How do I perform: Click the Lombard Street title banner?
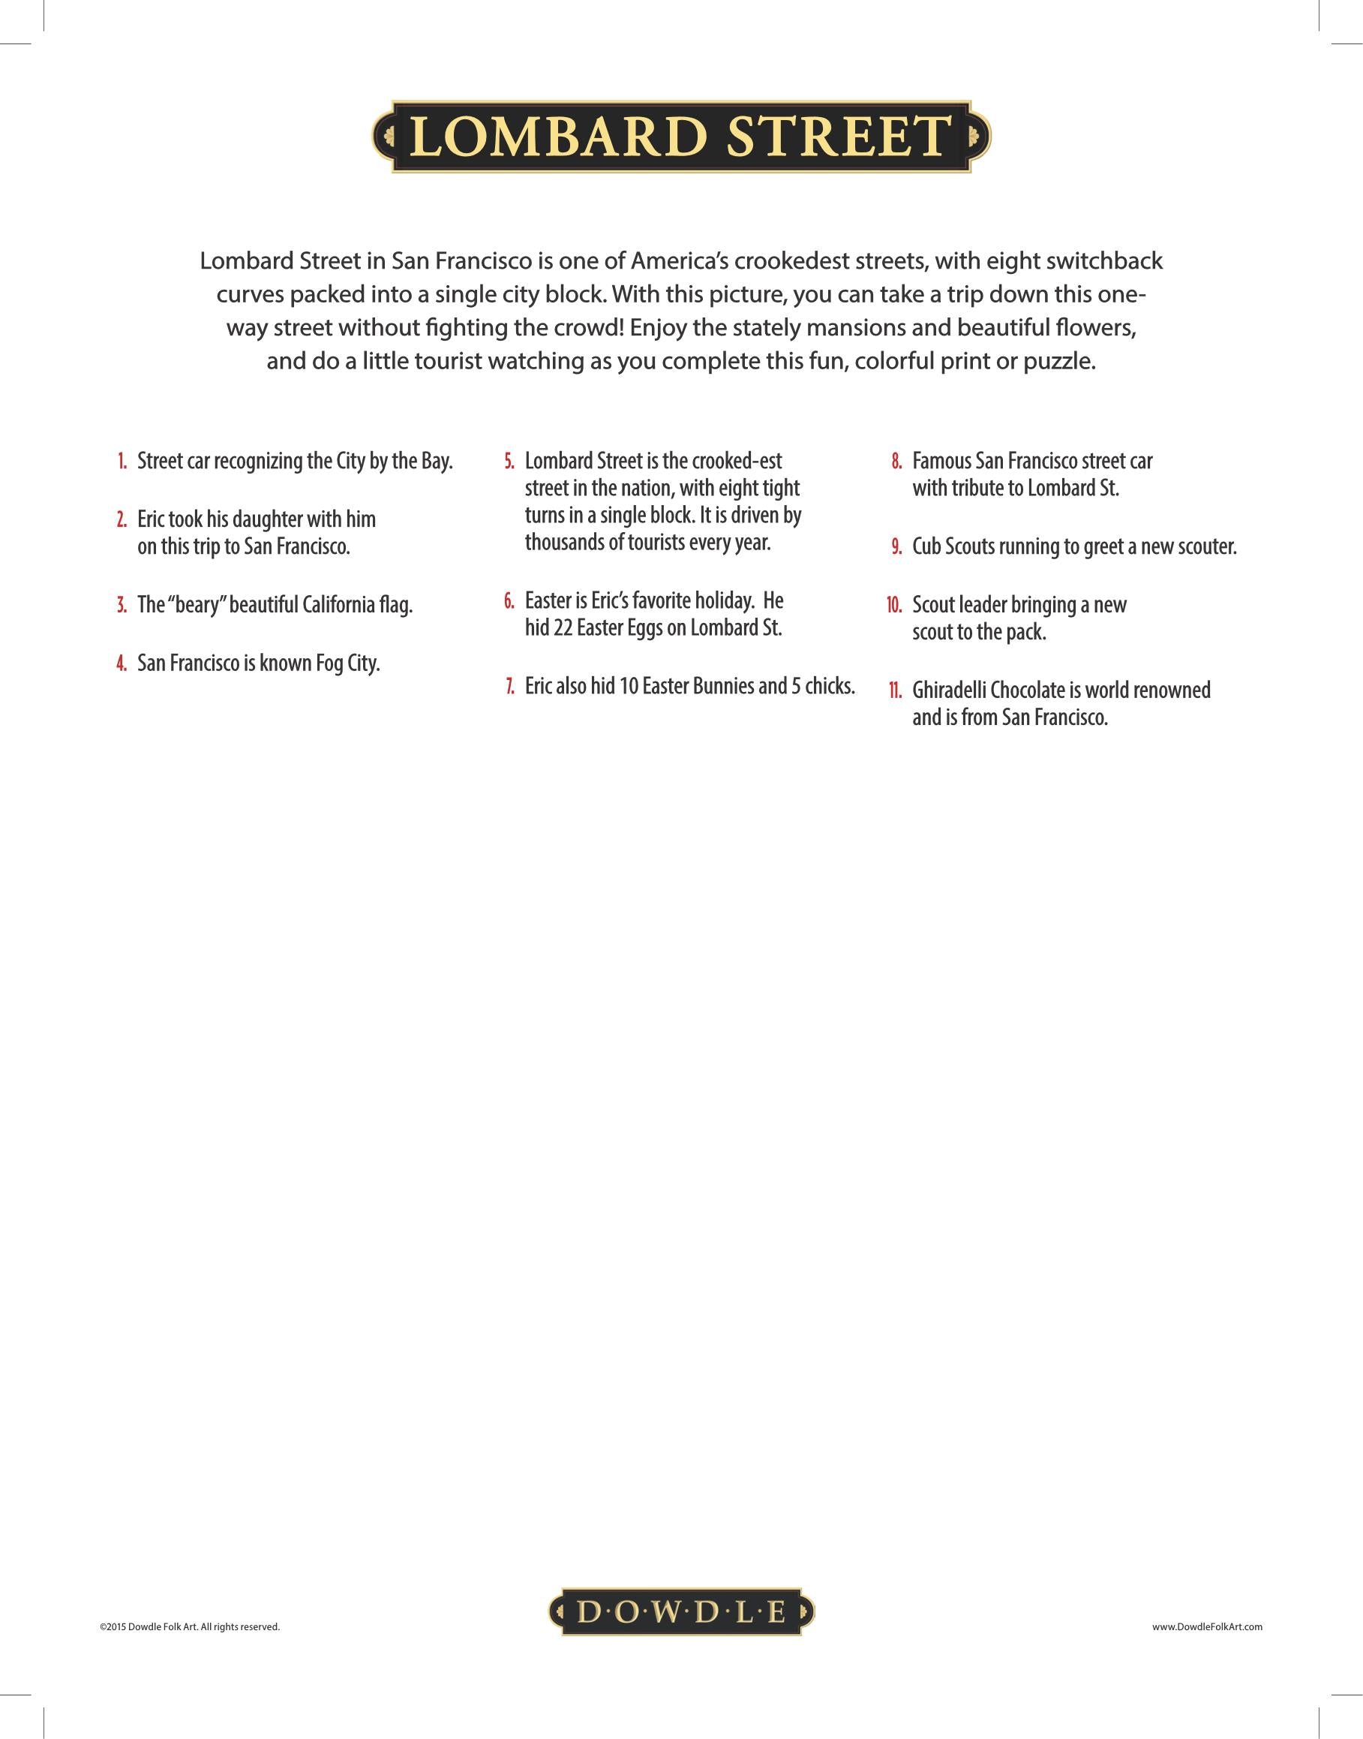click(x=681, y=137)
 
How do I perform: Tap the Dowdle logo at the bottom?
click(x=680, y=1612)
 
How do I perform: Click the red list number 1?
click(x=122, y=462)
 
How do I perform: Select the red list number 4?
click(x=122, y=663)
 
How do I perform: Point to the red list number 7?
click(x=510, y=687)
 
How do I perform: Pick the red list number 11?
click(x=896, y=690)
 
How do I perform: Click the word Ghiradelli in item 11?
click(x=953, y=690)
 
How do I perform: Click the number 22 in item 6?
click(x=563, y=628)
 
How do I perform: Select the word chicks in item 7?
click(x=830, y=687)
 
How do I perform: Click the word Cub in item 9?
click(x=926, y=547)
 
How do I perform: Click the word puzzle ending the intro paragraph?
click(x=1059, y=362)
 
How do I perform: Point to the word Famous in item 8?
click(x=941, y=462)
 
